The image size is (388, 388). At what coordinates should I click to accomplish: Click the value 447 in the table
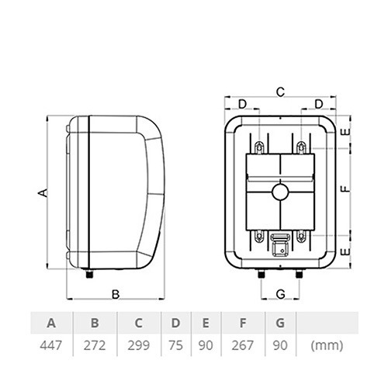pyautogui.click(x=51, y=345)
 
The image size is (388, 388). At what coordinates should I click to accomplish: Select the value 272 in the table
pyautogui.click(x=95, y=345)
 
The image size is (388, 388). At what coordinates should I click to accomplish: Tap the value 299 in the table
pyautogui.click(x=139, y=345)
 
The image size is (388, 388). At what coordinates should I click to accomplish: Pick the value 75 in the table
pyautogui.click(x=175, y=345)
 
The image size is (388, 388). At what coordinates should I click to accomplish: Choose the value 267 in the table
pyautogui.click(x=243, y=345)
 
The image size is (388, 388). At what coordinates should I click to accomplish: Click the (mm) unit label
pyautogui.click(x=327, y=345)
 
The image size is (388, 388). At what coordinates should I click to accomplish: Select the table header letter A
pyautogui.click(x=51, y=323)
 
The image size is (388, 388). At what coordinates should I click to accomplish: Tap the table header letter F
pyautogui.click(x=243, y=323)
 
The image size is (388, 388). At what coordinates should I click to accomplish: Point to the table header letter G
pyautogui.click(x=280, y=323)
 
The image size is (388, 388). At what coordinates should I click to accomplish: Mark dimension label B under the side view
pyautogui.click(x=116, y=294)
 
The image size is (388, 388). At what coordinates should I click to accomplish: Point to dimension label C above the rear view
pyautogui.click(x=280, y=92)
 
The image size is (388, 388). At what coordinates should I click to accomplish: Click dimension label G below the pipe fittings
pyautogui.click(x=280, y=294)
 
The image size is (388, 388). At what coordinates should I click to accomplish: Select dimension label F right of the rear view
pyautogui.click(x=345, y=189)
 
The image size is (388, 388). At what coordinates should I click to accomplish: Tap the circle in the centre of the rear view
pyautogui.click(x=280, y=192)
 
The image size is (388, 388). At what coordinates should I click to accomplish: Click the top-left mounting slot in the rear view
pyautogui.click(x=259, y=147)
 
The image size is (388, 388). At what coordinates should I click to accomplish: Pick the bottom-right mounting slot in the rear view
pyautogui.click(x=301, y=236)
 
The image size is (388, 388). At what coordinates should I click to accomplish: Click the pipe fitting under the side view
pyautogui.click(x=89, y=274)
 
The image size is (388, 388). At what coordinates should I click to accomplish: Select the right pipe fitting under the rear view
pyautogui.click(x=300, y=274)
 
